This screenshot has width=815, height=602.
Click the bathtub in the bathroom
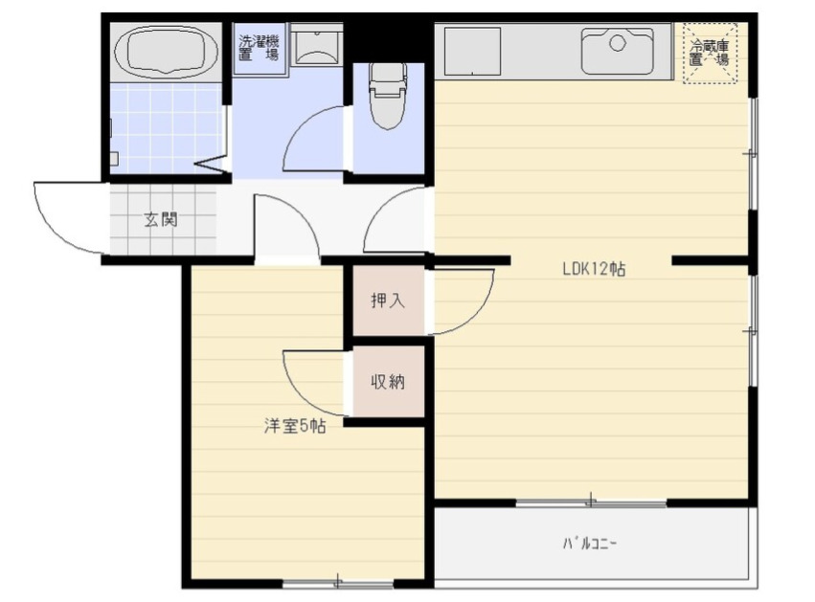click(x=166, y=51)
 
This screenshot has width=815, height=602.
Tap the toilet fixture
click(x=388, y=96)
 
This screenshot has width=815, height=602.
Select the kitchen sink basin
click(x=618, y=51)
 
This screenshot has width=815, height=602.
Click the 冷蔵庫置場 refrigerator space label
click(x=710, y=53)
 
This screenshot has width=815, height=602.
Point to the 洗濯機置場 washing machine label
click(x=259, y=48)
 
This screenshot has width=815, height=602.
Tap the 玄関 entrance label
click(x=161, y=219)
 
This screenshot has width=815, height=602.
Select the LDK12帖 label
click(x=594, y=269)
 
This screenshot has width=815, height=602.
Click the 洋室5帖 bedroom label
click(x=295, y=427)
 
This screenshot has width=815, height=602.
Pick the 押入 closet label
click(x=388, y=301)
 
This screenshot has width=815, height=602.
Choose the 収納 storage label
click(x=388, y=382)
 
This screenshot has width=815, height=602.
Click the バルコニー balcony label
click(x=590, y=544)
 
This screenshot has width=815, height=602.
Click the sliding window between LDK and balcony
click(x=592, y=502)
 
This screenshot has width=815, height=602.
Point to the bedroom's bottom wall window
click(x=338, y=583)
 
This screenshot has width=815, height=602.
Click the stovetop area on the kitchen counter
click(x=472, y=51)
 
